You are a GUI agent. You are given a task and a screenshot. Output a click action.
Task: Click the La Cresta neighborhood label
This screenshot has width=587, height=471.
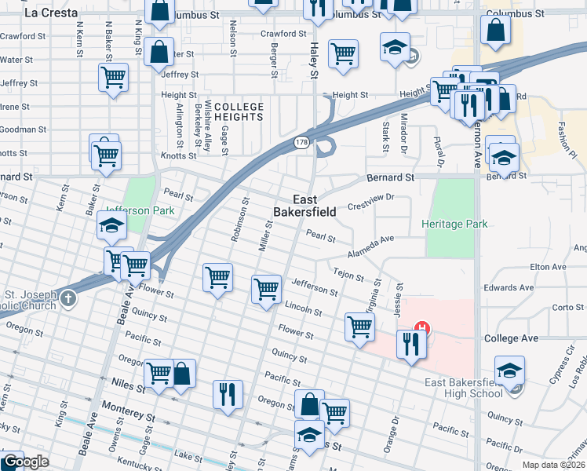click(51, 13)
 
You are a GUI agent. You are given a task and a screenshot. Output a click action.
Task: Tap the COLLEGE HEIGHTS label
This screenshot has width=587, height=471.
click(239, 111)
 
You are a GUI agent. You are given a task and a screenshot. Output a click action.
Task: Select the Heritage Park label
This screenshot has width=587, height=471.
click(454, 224)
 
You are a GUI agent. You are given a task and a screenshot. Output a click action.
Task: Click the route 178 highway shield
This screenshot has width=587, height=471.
click(302, 142)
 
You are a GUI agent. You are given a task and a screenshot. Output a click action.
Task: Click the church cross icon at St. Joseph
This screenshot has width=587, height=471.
click(69, 298)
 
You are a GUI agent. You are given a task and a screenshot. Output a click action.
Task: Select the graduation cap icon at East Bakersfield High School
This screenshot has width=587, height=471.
click(509, 371)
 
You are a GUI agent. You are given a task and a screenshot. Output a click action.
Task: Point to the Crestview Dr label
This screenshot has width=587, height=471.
click(369, 203)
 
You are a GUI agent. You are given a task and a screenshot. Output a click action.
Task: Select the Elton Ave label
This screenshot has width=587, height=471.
click(548, 267)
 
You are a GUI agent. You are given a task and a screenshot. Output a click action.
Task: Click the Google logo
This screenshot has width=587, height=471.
click(25, 462)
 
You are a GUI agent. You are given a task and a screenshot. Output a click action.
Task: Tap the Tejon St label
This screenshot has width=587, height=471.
click(348, 274)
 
